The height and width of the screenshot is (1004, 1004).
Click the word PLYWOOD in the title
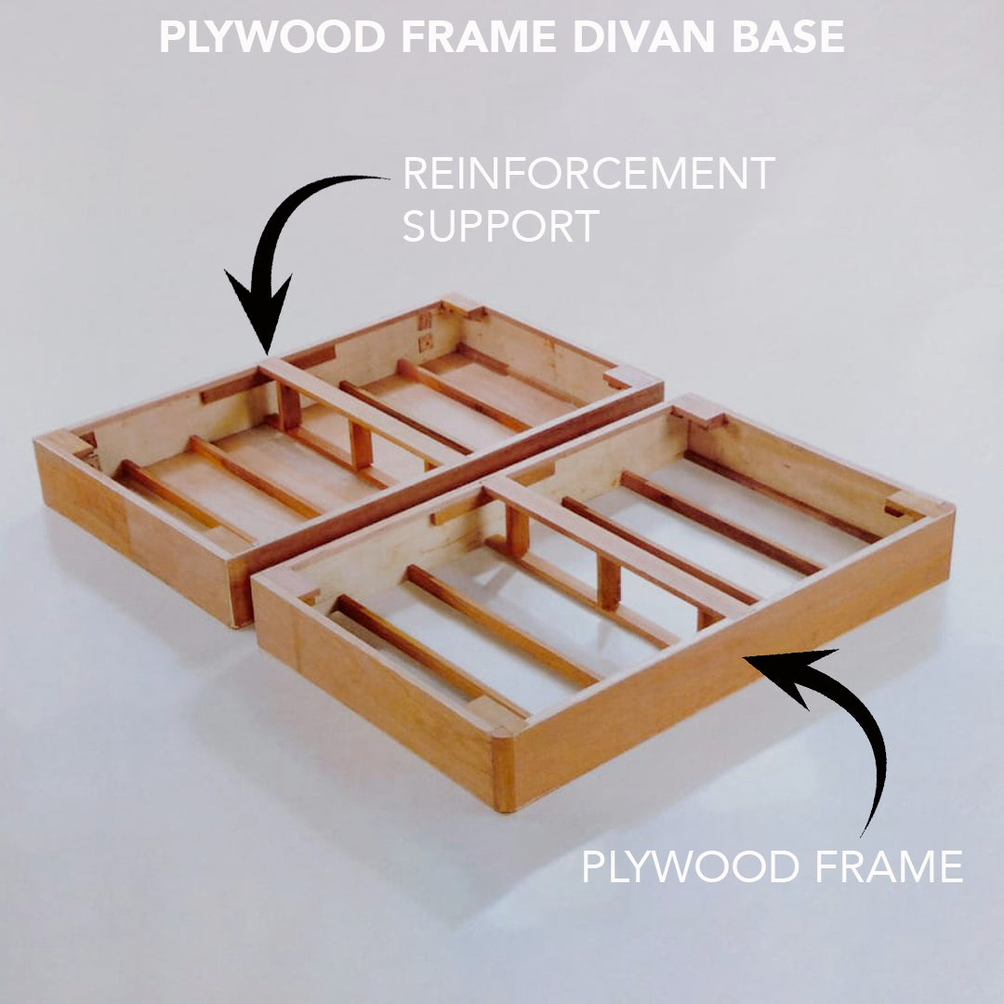click(x=272, y=37)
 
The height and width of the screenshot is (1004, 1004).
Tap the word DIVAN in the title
click(x=643, y=37)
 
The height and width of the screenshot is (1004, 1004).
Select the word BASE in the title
click(x=788, y=37)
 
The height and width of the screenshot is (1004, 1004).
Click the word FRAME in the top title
click(x=479, y=37)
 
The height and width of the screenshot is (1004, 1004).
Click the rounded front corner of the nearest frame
click(x=503, y=743)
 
